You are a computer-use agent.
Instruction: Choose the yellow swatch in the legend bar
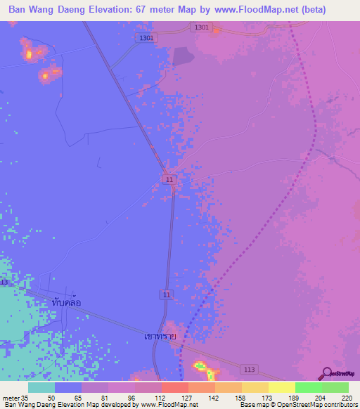(281, 387)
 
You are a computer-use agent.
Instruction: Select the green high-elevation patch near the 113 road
(200, 365)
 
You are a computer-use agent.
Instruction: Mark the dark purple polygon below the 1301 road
(182, 56)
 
